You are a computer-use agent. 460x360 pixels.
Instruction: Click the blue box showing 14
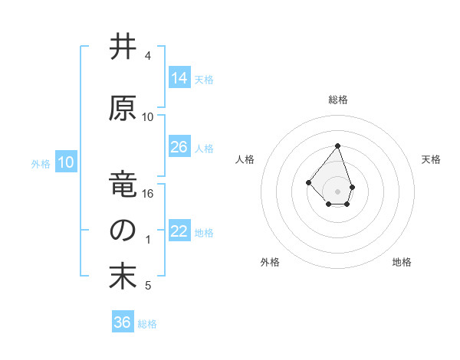[179, 77]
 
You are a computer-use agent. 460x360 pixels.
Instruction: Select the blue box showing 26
[179, 147]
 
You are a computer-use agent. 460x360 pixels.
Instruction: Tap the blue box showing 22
[179, 231]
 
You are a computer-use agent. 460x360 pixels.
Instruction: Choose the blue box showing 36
[123, 322]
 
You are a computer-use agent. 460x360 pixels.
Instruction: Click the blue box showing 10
[66, 162]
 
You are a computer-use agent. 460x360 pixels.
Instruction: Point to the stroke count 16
[148, 194]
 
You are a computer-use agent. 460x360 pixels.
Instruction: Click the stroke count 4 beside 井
[148, 56]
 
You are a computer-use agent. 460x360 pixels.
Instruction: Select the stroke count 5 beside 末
[148, 286]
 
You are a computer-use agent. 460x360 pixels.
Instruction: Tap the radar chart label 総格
[338, 100]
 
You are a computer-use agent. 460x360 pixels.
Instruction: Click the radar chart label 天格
[431, 159]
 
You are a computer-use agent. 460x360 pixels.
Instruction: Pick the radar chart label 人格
[245, 159]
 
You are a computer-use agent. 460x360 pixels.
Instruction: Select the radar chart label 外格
[270, 262]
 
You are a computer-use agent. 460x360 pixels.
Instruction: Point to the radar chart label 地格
[402, 262]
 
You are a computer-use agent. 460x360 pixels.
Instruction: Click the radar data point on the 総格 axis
[337, 146]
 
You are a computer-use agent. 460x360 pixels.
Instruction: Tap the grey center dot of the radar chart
[337, 191]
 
